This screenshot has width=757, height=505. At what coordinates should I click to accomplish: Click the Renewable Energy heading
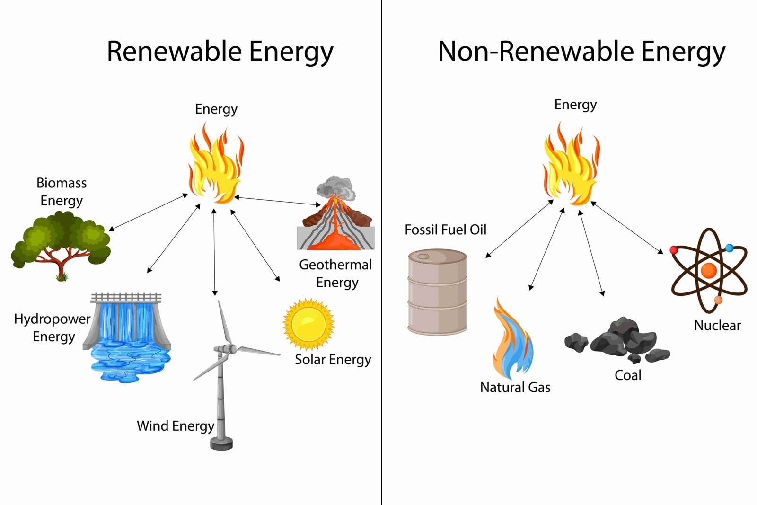[220, 51]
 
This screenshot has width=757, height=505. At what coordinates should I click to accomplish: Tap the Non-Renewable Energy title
[581, 51]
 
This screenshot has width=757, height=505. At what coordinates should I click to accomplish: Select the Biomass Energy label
[62, 192]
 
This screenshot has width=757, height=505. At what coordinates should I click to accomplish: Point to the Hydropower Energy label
[52, 328]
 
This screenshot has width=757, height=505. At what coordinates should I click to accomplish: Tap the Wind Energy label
[176, 426]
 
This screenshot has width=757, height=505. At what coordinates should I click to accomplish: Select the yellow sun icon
[308, 324]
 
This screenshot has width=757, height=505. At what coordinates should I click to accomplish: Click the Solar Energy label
[333, 360]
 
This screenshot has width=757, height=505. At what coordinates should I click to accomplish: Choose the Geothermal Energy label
[336, 273]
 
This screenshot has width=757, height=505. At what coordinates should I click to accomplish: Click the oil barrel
[437, 292]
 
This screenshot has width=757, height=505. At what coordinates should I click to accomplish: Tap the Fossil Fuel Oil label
[445, 230]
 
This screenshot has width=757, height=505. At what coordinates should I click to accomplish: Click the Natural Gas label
[515, 388]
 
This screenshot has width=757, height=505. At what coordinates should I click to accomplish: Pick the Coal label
[628, 375]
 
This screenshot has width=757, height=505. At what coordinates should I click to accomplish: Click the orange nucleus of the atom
[709, 270]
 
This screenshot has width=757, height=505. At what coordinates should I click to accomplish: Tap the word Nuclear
[717, 326]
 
